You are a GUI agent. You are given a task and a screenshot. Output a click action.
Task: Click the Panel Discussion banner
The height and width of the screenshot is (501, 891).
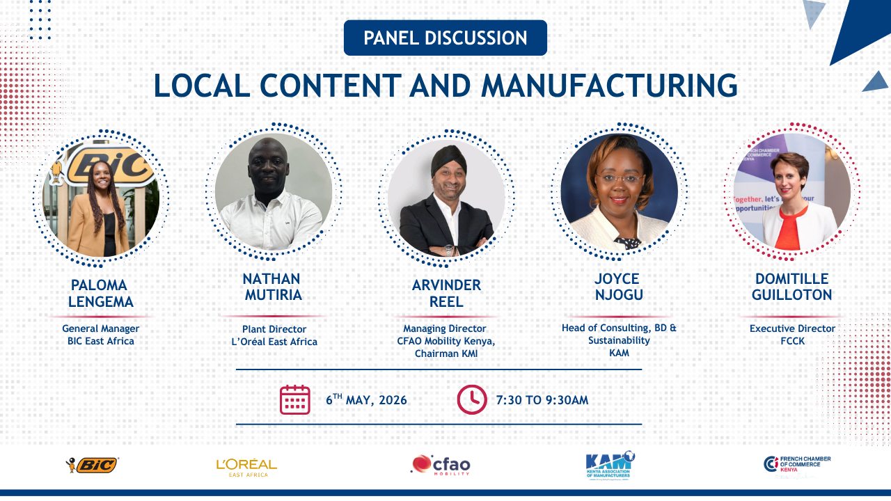[x=445, y=38]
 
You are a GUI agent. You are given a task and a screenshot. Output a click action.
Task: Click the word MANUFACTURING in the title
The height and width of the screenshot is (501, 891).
[x=609, y=86]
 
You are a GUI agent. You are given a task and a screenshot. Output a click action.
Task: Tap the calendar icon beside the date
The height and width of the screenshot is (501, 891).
[x=294, y=399]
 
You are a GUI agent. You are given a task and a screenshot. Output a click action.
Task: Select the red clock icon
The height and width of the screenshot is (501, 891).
[x=472, y=399]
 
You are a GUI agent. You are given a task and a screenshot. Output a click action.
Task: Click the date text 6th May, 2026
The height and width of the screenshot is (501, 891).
[x=366, y=399]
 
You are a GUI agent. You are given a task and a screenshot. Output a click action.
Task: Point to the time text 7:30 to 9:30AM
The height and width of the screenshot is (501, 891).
[x=542, y=400]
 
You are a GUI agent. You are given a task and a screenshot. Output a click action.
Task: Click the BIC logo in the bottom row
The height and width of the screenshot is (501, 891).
[x=93, y=465]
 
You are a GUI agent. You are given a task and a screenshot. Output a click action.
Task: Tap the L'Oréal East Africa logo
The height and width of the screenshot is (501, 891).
[x=246, y=468]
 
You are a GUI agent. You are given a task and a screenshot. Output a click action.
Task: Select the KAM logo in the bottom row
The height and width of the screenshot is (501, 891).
[x=610, y=466]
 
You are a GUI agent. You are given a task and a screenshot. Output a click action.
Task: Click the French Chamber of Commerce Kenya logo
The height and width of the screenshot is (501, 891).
[x=797, y=464]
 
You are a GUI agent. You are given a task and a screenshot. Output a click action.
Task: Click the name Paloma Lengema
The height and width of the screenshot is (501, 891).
[x=100, y=294]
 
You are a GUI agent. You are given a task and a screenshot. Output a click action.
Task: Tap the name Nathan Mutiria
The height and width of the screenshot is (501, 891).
[x=273, y=287]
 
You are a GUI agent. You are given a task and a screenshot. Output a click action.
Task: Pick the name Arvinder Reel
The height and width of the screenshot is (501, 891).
[x=446, y=294]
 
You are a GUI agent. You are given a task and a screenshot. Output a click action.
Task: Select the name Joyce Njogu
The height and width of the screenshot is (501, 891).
[x=619, y=287]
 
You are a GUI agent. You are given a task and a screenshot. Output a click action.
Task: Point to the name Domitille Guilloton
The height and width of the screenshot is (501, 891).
[x=791, y=287]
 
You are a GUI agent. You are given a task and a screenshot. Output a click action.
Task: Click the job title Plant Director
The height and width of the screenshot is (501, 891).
[x=274, y=329]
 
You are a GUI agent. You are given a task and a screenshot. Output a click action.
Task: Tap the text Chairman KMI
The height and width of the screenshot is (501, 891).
[x=446, y=353]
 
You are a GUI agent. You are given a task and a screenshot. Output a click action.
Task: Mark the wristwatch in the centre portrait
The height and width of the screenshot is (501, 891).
[x=449, y=250]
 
